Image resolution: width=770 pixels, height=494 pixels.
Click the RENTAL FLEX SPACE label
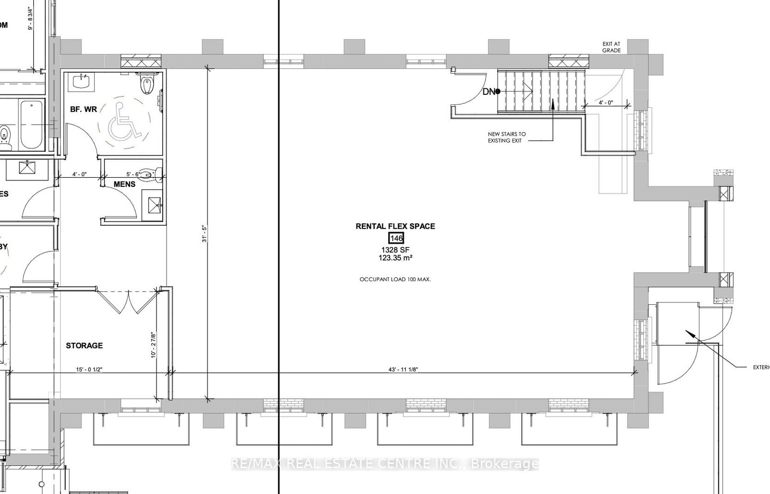395,226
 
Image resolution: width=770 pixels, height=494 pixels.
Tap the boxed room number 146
396,238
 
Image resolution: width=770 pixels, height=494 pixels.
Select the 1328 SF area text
395,250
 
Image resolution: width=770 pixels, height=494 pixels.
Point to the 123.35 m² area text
395,258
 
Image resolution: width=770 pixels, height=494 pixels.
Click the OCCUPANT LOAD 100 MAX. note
395,279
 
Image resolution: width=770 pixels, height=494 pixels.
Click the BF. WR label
84,109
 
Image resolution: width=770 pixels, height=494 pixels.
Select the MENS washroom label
124,184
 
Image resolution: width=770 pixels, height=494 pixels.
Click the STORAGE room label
84,346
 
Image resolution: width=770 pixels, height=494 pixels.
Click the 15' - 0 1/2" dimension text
89,369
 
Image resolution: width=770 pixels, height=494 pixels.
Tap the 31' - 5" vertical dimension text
204,234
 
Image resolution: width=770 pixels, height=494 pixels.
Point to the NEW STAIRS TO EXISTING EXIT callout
506,137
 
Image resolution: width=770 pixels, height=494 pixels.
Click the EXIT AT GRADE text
611,47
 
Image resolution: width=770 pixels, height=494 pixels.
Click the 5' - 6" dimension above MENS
133,174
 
